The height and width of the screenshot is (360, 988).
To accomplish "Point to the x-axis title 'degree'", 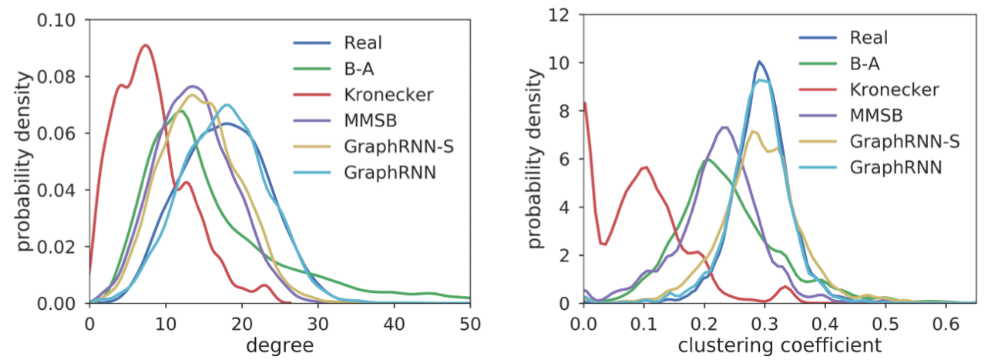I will [279, 346].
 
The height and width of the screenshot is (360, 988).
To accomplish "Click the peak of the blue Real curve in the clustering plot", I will [759, 61].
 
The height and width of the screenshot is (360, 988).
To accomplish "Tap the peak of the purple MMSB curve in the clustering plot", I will [724, 127].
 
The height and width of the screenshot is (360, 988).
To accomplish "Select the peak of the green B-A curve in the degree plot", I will [180, 111].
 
